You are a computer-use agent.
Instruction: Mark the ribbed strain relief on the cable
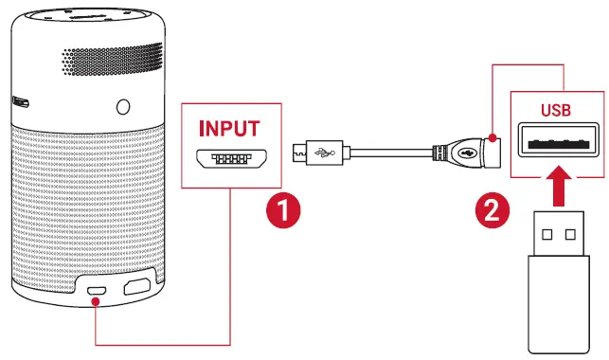tap(439, 151)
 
